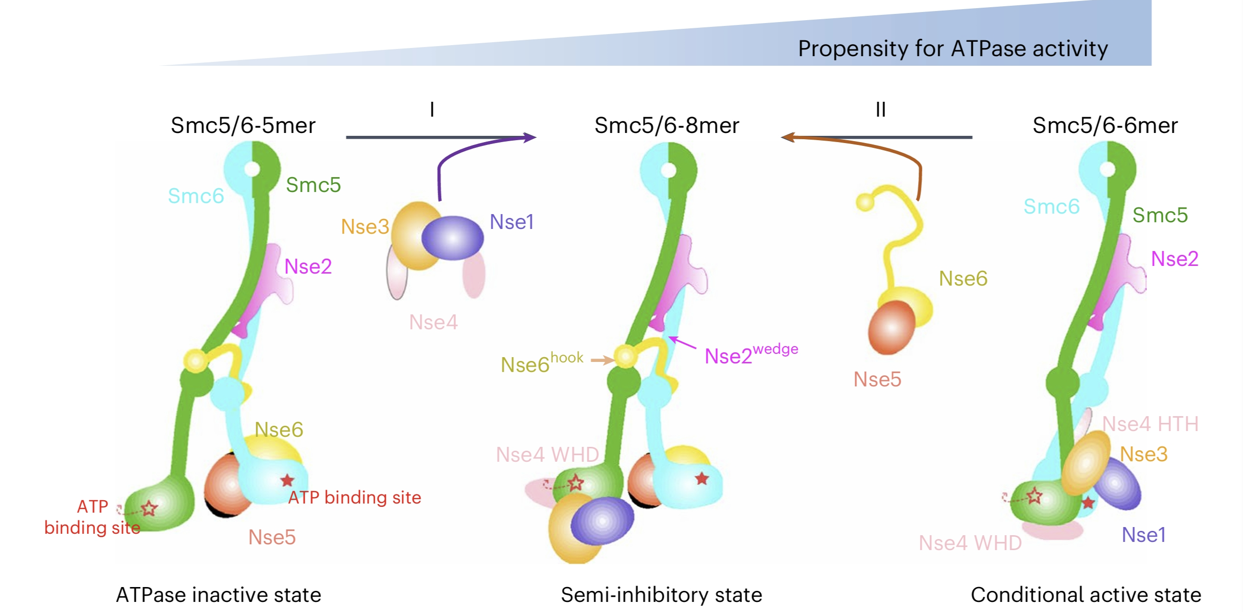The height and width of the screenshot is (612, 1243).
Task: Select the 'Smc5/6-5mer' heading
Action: [x=243, y=125]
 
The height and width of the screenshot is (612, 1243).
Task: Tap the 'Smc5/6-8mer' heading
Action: [x=667, y=125]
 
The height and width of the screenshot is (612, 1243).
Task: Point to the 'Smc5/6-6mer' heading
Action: [x=1104, y=125]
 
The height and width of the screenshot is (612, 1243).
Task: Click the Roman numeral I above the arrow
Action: [x=432, y=109]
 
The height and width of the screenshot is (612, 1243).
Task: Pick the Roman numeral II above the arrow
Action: [x=880, y=109]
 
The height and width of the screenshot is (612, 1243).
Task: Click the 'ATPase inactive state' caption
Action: [x=218, y=595]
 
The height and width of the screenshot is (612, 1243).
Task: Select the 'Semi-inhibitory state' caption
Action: [x=661, y=595]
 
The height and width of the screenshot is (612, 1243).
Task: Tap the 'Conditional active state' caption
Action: [x=1086, y=595]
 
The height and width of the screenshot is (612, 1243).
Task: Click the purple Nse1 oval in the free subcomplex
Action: [x=452, y=238]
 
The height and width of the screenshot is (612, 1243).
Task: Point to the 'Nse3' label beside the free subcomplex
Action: [x=365, y=227]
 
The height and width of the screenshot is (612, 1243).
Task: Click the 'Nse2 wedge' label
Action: [x=750, y=354]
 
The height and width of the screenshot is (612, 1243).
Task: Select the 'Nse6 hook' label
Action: [x=541, y=362]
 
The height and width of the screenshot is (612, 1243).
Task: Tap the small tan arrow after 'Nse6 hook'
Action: [x=602, y=360]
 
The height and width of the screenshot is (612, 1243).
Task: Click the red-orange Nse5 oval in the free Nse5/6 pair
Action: [x=891, y=327]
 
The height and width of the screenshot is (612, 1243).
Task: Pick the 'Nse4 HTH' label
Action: [x=1150, y=424]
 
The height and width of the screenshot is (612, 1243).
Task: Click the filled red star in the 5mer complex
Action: [x=287, y=480]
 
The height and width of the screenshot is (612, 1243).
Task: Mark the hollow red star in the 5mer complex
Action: [x=150, y=508]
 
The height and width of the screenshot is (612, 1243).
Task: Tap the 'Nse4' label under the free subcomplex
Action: [x=433, y=322]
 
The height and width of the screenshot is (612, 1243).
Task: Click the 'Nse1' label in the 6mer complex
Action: [x=1143, y=535]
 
